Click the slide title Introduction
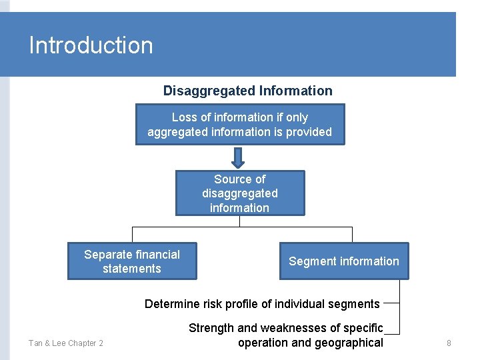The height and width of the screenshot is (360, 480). (91, 45)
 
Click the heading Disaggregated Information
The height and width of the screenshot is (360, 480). (247, 91)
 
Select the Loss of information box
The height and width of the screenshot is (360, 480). (239, 125)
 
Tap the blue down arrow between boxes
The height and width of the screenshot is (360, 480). (238, 157)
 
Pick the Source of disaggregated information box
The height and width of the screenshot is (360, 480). (239, 193)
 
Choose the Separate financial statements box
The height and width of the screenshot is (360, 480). (132, 261)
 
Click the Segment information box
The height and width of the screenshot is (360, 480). (343, 261)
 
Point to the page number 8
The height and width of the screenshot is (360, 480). (449, 343)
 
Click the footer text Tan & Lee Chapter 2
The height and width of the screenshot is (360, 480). (65, 343)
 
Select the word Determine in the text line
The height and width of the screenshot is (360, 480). (172, 304)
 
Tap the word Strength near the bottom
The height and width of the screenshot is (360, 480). (211, 328)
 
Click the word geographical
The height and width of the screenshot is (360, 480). (349, 343)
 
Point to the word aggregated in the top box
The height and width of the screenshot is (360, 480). (177, 132)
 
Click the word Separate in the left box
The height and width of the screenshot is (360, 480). (109, 254)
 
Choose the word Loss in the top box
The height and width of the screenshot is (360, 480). (185, 117)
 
